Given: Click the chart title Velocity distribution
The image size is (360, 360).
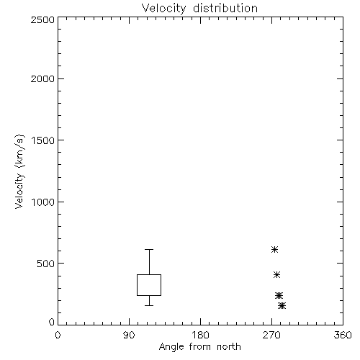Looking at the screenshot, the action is (199, 8).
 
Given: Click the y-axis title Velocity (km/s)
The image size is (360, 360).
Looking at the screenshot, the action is (19, 171).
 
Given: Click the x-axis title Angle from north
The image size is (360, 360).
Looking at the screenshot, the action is (199, 347).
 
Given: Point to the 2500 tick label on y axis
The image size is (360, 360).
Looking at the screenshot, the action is (42, 19).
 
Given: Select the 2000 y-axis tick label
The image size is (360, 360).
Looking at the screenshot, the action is (42, 78).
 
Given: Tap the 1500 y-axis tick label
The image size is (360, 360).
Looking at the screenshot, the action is (43, 140).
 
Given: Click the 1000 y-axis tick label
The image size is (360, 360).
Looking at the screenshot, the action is (43, 202).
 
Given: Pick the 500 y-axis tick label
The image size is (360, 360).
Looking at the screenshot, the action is (46, 264).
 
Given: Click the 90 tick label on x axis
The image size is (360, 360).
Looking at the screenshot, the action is (129, 335).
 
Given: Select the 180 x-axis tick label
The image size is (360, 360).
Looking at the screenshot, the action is (200, 335).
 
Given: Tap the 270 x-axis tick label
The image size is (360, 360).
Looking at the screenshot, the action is (271, 335).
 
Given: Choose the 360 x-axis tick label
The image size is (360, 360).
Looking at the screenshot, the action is (343, 335).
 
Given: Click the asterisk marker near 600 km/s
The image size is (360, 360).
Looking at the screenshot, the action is (274, 250).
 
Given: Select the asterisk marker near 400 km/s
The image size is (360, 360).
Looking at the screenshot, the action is (276, 274).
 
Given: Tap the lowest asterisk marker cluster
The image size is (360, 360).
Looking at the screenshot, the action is (282, 305).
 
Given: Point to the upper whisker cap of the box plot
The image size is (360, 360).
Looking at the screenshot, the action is (149, 250).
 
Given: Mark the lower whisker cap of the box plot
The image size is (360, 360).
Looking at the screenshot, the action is (149, 305).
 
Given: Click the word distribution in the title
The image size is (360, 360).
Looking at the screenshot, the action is (225, 8).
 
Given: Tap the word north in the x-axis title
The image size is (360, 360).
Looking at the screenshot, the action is (229, 347).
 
